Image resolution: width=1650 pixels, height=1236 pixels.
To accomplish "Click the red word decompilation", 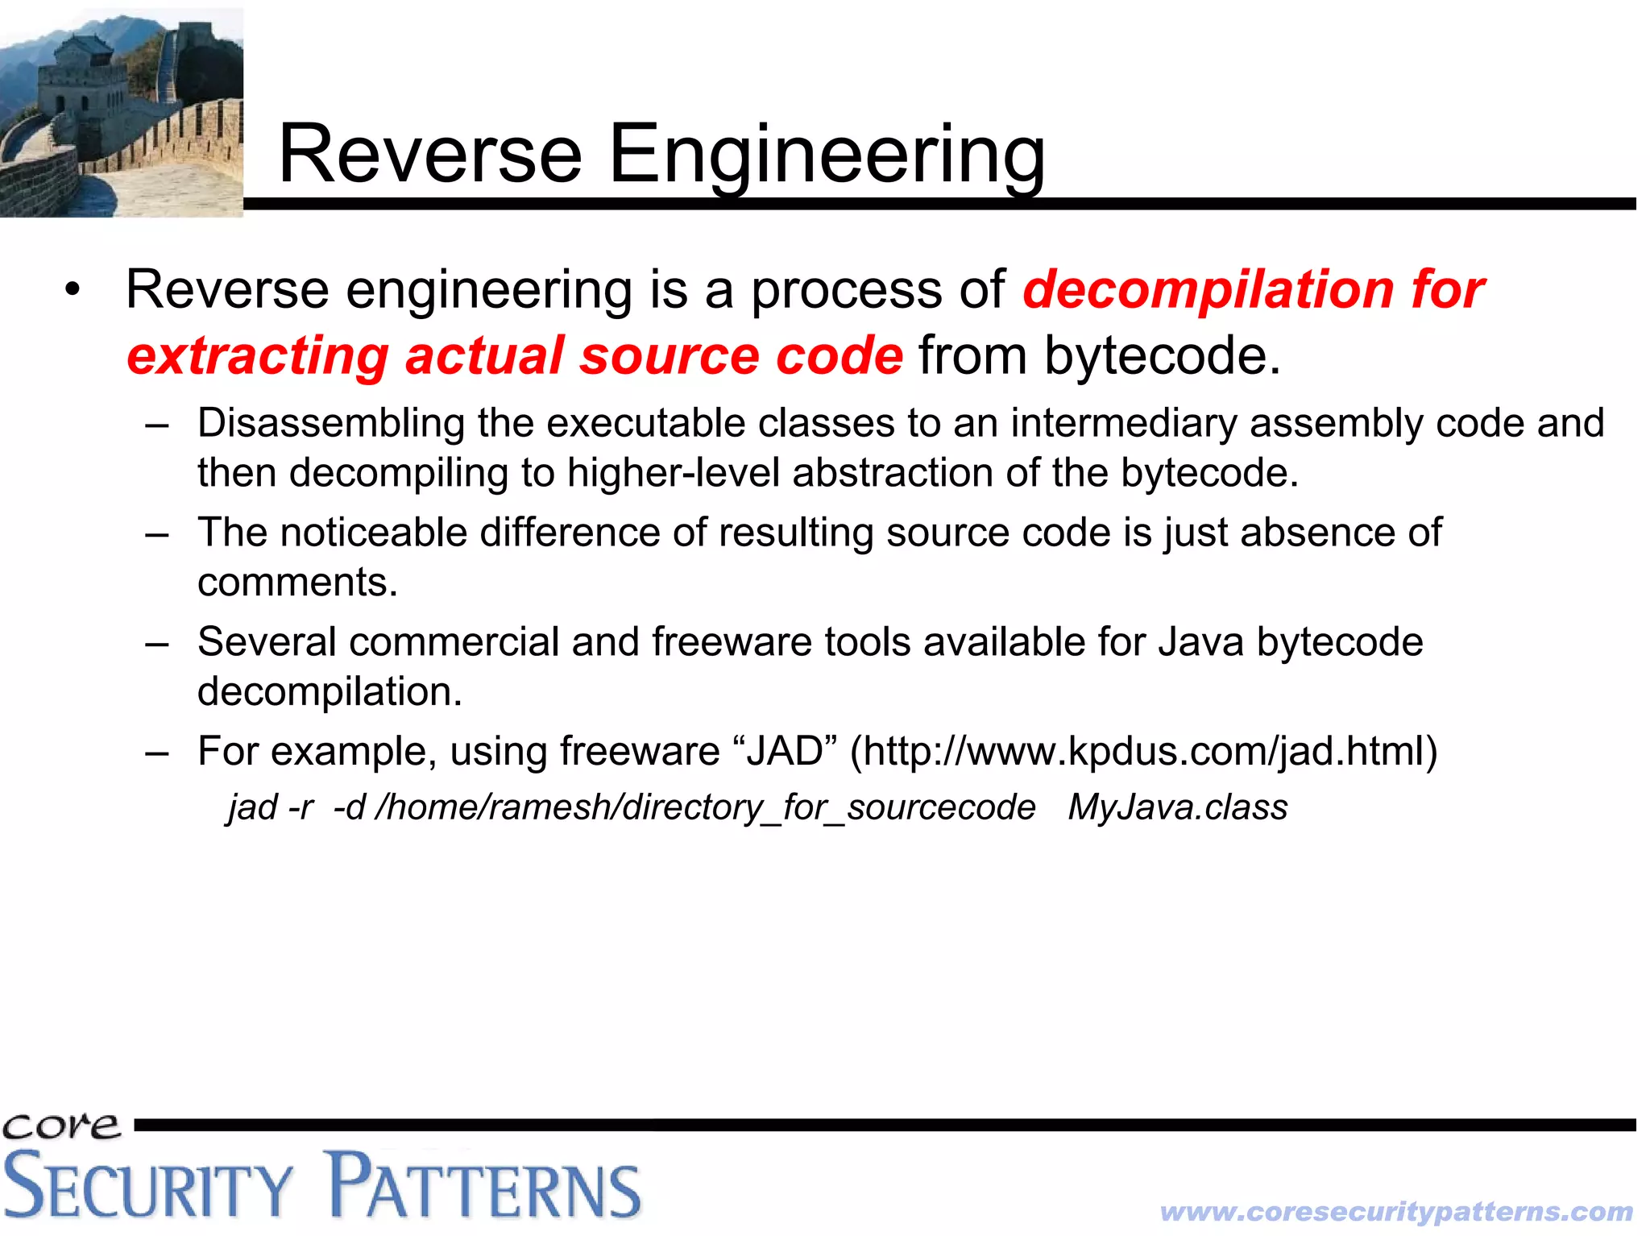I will coord(1208,290).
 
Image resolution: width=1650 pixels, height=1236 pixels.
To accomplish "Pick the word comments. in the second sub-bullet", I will coord(297,583).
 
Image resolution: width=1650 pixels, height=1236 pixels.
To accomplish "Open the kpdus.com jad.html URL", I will coord(1143,752).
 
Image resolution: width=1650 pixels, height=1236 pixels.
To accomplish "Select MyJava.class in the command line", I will coord(1177,807).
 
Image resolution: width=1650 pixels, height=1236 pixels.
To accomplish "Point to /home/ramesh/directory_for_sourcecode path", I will coord(705,807).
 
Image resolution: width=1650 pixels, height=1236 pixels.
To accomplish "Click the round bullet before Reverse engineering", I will coord(73,291).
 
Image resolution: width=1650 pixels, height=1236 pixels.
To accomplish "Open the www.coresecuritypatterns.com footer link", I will coord(1396,1212).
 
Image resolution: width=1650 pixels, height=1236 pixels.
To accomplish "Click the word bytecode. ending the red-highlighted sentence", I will coord(1162,356).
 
